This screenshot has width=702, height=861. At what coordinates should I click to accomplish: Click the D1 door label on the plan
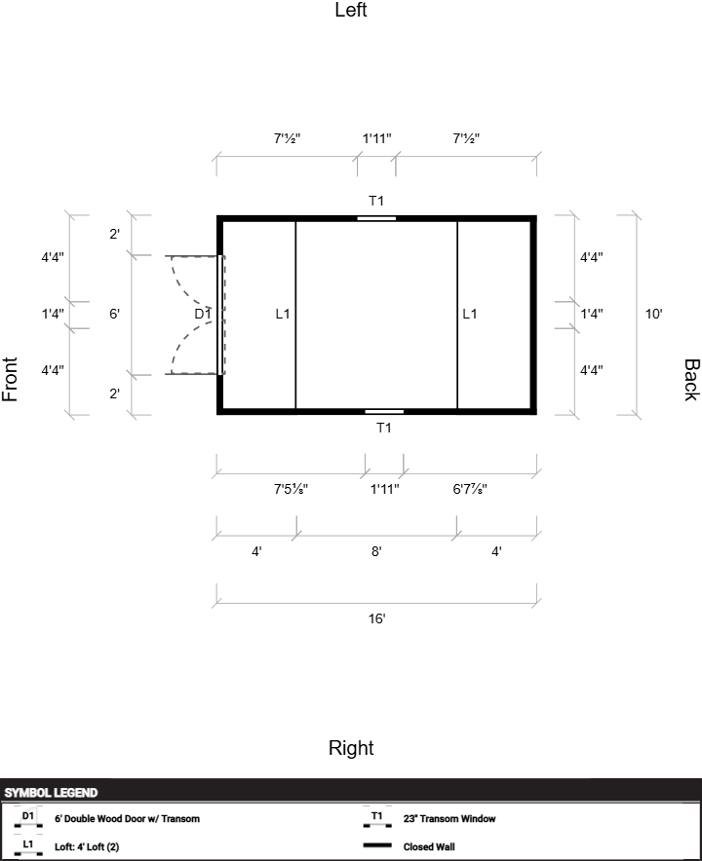202,314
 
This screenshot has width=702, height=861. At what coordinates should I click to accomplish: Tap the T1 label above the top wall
376,202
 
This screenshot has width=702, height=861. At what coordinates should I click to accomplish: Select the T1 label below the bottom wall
384,428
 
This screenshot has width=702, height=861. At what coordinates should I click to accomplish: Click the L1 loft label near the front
283,314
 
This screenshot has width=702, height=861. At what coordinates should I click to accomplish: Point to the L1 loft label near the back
470,314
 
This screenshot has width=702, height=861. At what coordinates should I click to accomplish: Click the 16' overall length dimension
376,618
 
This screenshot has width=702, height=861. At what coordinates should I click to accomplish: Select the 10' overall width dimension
654,314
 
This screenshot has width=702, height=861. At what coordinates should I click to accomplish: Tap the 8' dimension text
376,551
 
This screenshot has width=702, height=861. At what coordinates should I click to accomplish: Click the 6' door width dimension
114,314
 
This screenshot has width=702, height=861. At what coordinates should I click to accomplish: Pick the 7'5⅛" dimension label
292,489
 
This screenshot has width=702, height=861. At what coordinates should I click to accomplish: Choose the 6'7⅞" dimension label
470,489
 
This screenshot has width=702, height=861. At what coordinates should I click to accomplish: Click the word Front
11,380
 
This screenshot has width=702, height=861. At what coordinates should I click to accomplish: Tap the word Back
690,380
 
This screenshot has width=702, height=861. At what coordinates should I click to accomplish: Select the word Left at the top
351,11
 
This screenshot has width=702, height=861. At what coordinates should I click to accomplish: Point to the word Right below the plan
351,748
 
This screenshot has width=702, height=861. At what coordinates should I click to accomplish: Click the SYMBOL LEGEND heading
51,793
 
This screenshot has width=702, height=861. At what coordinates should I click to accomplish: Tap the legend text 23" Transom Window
449,819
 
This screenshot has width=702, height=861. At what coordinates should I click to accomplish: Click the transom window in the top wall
376,218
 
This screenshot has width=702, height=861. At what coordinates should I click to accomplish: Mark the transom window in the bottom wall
384,412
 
